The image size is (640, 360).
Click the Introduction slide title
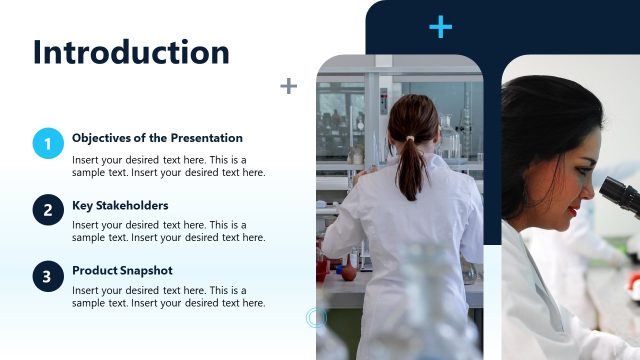pyautogui.click(x=131, y=52)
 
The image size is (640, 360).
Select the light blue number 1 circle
pyautogui.click(x=48, y=144)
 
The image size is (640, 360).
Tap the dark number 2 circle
pyautogui.click(x=48, y=210)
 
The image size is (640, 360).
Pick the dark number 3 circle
pyautogui.click(x=48, y=276)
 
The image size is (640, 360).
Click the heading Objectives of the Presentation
pyautogui.click(x=157, y=138)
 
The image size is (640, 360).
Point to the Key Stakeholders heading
pyautogui.click(x=120, y=206)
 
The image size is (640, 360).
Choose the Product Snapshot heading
pyautogui.click(x=122, y=271)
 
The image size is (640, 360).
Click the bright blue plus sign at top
pyautogui.click(x=440, y=27)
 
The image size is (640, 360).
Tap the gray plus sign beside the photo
pyautogui.click(x=288, y=86)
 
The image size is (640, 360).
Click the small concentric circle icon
pyautogui.click(x=316, y=318)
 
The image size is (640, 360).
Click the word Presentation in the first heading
pyautogui.click(x=206, y=138)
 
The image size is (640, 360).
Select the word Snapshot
pyautogui.click(x=147, y=271)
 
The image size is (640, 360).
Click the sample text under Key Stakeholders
pyautogui.click(x=168, y=231)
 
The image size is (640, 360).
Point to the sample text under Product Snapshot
pyautogui.click(x=168, y=296)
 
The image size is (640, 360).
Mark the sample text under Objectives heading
pyautogui.click(x=168, y=166)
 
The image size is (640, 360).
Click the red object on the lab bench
pyautogui.click(x=348, y=271)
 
